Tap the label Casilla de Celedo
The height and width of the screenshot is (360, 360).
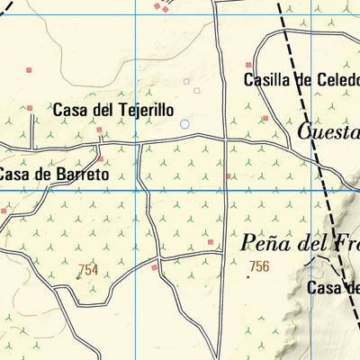(x=301, y=79)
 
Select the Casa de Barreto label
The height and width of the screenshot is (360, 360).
(x=54, y=174)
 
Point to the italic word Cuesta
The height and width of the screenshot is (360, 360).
(x=328, y=133)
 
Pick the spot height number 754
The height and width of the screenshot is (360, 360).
(x=88, y=269)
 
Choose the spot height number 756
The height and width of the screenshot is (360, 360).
(x=259, y=265)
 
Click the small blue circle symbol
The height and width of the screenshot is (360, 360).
(x=184, y=123)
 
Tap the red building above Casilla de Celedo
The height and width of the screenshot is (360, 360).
(x=249, y=65)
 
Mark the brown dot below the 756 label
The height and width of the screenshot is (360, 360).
(x=248, y=277)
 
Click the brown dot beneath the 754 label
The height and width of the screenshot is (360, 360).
(x=77, y=278)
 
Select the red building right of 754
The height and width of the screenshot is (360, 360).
(x=155, y=267)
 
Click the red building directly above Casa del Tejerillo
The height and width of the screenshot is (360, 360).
(x=29, y=108)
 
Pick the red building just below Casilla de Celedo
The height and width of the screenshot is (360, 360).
(x=265, y=118)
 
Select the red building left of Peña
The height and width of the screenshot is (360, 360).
(x=211, y=241)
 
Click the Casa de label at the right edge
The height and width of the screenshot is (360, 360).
(x=333, y=288)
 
